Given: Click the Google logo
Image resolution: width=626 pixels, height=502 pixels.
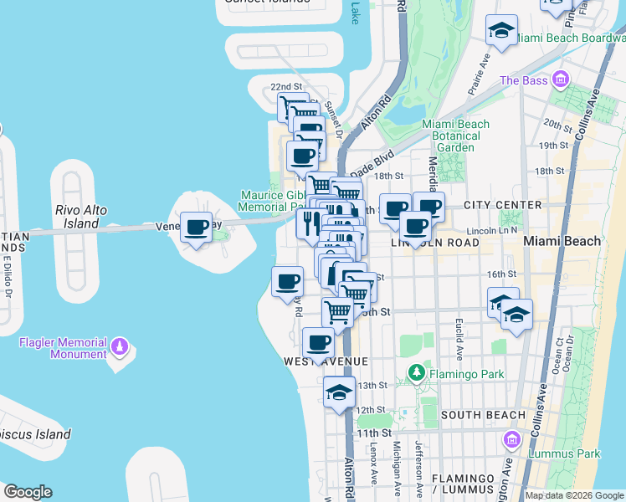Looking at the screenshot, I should pos(28,492).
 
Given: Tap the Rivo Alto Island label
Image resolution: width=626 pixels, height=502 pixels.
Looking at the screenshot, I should pos(81,217).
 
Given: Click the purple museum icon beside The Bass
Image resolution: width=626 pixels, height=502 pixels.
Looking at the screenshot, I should pos(560,80).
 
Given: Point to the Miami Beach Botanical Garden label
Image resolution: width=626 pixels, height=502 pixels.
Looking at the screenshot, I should pos(456,136).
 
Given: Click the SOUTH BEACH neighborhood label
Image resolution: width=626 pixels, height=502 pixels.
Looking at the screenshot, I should pos(482,415).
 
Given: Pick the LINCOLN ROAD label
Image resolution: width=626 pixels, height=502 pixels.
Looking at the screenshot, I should pos(434,243).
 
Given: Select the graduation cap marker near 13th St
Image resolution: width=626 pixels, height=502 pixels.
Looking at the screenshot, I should pos(339,392).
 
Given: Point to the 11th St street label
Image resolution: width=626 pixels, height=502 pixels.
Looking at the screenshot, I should pos(374,433).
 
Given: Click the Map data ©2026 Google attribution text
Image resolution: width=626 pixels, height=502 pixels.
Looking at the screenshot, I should pos(575,495).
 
